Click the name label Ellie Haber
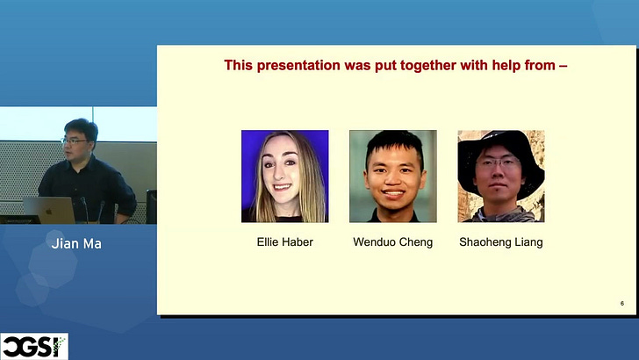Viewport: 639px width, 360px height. (285, 242)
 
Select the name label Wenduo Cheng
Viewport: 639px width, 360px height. (393, 242)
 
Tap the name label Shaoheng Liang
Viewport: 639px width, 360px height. (501, 242)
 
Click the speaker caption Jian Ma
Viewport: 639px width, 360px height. (76, 244)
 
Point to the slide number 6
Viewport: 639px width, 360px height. (621, 303)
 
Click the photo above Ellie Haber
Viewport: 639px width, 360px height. (285, 176)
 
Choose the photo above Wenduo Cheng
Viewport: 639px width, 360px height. (393, 176)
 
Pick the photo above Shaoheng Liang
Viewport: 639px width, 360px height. (501, 176)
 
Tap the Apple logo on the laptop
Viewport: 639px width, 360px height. (49, 212)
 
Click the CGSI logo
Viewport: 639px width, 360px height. (34, 347)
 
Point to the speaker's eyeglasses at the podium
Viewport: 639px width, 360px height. (74, 141)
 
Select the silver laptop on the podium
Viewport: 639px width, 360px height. (49, 211)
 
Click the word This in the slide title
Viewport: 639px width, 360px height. (239, 65)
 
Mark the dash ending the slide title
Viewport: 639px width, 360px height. (564, 66)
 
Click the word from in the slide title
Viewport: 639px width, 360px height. (539, 66)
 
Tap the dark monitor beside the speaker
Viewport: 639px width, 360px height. (152, 206)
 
